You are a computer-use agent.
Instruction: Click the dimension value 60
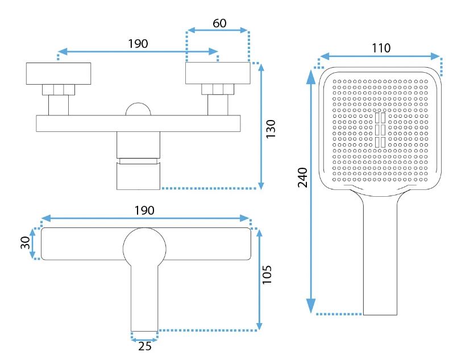tap(219, 23)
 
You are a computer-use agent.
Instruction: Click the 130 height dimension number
tap(271, 130)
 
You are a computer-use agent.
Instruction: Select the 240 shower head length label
tap(302, 178)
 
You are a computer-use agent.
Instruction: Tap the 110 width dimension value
tap(381, 48)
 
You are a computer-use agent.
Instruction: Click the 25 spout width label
tap(145, 346)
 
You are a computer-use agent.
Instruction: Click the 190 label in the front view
tap(138, 44)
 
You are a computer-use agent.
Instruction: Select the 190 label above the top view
tap(144, 210)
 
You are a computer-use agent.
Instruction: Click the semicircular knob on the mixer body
tap(139, 110)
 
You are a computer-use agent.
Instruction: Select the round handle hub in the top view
tap(145, 247)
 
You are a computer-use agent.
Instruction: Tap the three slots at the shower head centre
tap(380, 131)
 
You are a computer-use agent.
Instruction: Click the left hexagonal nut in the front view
tap(59, 89)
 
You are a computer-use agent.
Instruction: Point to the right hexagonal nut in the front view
tap(218, 89)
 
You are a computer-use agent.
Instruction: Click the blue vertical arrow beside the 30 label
tap(33, 243)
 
